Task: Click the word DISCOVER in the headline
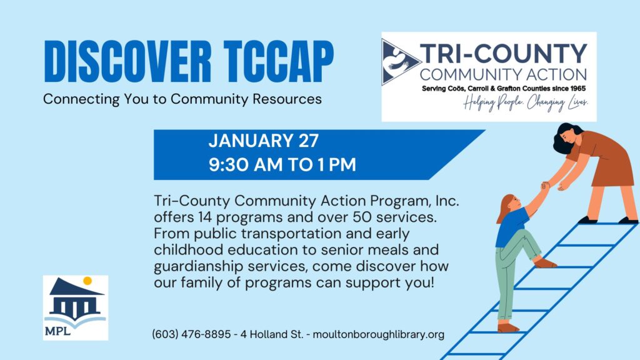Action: point(127,62)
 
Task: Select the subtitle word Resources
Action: point(287,99)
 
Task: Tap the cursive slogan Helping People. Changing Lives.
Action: point(526,103)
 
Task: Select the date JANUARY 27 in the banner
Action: point(263,141)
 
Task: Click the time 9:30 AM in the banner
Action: point(246,164)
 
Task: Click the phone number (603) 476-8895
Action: point(191,334)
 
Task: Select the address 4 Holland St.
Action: point(271,334)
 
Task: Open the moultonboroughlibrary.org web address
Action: point(378,335)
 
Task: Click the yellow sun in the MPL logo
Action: point(87,281)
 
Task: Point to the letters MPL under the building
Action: point(57,331)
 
